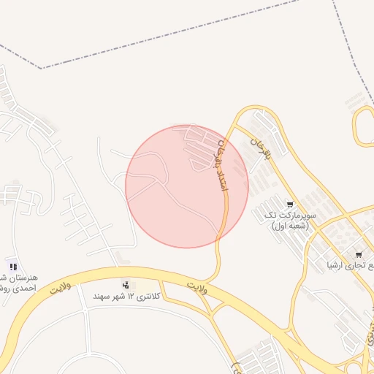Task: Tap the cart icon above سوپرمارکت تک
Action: (x=290, y=205)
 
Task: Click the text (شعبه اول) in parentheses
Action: (x=291, y=227)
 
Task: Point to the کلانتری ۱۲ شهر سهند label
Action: (x=126, y=297)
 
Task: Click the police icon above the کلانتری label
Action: (x=126, y=284)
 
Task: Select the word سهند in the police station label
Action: (x=102, y=297)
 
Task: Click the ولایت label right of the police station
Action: (x=196, y=287)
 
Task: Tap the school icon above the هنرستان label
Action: (x=13, y=266)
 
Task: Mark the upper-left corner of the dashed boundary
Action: (x=40, y=68)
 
